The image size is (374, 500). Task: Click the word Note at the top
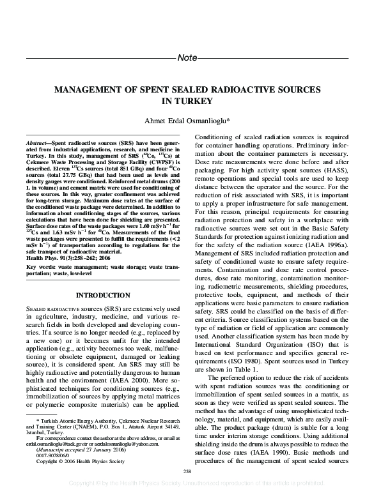coord(187,58)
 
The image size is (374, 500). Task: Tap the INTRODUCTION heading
coord(103,296)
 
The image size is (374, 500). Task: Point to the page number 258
coord(187,471)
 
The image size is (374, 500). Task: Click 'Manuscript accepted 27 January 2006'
coord(72,448)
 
